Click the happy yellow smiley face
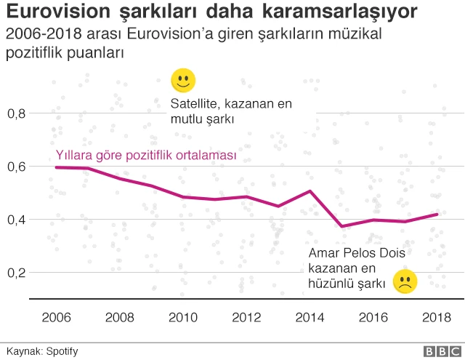click(x=183, y=81)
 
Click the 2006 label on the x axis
click(x=56, y=317)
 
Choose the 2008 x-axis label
click(x=119, y=317)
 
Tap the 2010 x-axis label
click(x=182, y=317)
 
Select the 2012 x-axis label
click(x=246, y=317)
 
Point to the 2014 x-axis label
click(x=310, y=317)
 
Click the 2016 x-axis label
click(x=373, y=317)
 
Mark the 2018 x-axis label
click(x=436, y=317)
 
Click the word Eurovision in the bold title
click(x=54, y=12)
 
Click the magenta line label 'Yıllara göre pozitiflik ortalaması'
click(x=147, y=155)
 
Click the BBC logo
click(x=436, y=351)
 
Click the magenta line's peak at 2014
click(x=310, y=191)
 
